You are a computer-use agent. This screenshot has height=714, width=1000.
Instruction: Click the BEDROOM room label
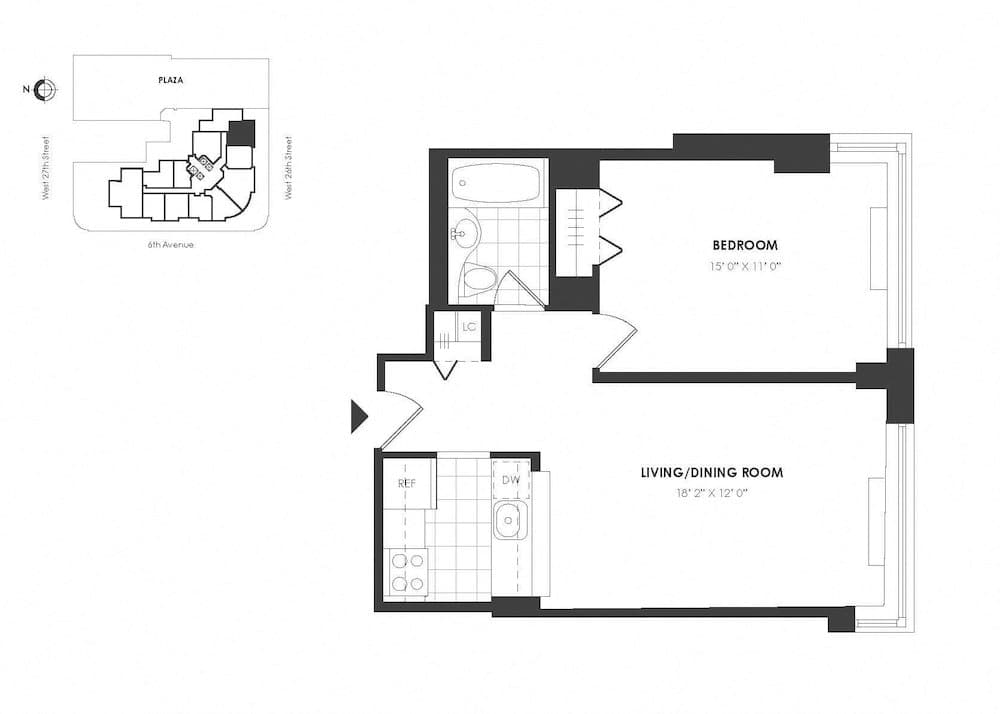744,245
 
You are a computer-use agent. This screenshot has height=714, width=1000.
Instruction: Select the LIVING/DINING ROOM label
711,472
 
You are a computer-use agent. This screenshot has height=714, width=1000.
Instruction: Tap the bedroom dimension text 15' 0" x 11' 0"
744,267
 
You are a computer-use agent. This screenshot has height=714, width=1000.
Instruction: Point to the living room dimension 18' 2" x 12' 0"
711,493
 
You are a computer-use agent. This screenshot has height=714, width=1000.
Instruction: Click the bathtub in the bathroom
495,182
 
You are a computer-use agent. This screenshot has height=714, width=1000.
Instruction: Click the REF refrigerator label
407,483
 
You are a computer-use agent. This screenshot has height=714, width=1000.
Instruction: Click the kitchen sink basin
510,520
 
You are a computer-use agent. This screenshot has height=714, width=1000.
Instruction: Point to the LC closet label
470,325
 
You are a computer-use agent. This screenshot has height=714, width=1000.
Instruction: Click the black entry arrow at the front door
359,416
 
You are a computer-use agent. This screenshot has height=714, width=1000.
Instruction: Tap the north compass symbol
43,91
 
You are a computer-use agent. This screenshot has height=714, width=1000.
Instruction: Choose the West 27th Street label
47,169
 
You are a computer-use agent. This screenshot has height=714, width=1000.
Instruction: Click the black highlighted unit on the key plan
241,132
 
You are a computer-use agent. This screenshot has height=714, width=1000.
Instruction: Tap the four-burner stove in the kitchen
406,572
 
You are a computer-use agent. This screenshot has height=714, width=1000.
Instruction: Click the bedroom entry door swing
615,340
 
